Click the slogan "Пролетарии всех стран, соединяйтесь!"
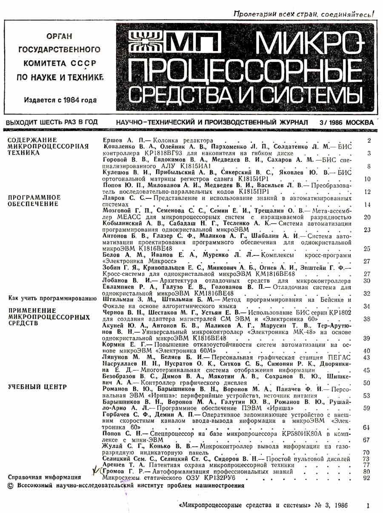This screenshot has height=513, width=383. coord(304,14)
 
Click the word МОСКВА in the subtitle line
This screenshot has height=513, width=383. coord(360,123)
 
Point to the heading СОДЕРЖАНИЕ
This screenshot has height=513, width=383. coord(32,140)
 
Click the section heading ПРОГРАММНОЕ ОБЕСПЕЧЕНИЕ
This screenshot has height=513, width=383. coord(34,201)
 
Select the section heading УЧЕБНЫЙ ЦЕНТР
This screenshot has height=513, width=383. coord(38,387)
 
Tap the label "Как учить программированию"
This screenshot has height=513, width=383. coord(53,298)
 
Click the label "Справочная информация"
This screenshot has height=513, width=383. coord(45,477)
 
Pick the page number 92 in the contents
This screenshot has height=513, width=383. coord(367,478)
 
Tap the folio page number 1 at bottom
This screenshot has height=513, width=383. coord(368,506)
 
